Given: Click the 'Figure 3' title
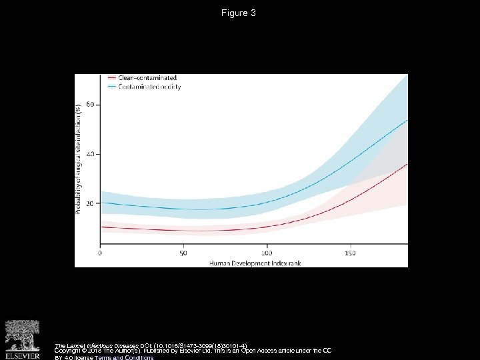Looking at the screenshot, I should point(239,13).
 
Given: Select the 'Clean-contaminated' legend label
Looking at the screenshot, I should point(147,78).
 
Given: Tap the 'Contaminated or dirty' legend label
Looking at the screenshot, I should point(149,87).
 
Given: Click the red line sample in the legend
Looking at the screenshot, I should point(111,78).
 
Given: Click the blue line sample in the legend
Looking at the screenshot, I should point(111,87).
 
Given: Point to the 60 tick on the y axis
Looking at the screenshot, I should point(90,105).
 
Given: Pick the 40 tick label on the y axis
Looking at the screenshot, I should point(90,154).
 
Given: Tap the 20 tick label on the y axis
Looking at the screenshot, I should point(90,203).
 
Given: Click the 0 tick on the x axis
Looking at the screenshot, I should point(100,253).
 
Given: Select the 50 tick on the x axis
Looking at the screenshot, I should point(183,253).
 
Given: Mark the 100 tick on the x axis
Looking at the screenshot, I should point(267,253).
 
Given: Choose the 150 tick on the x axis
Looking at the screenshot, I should point(350,253).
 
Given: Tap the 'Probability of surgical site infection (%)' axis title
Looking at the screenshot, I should point(79,158).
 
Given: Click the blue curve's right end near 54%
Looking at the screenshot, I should point(406,121).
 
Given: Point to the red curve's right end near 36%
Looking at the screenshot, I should point(406,165).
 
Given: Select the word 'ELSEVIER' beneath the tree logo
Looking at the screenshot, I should point(23,355).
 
